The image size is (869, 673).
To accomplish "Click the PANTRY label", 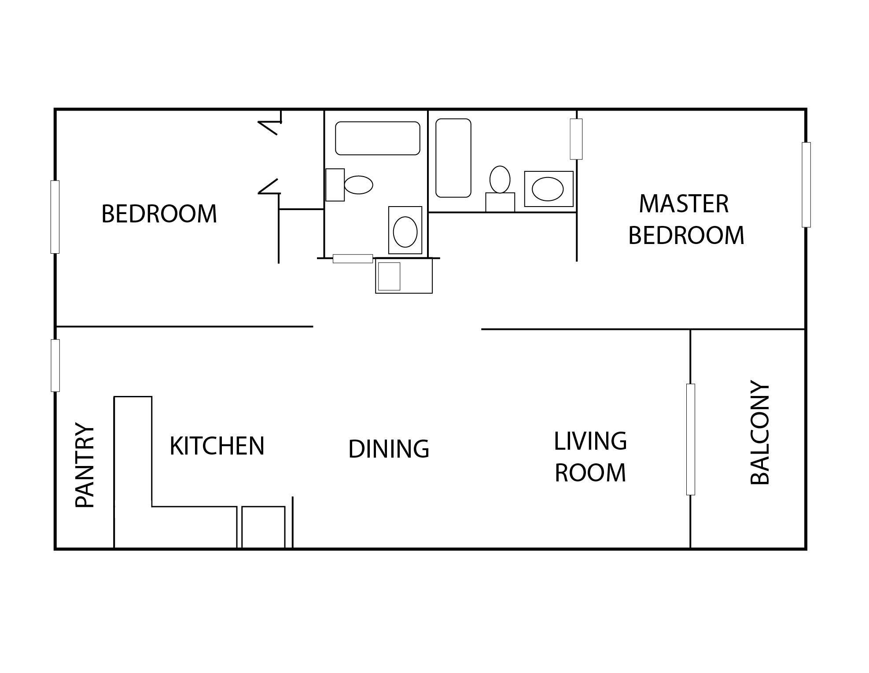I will [x=85, y=465].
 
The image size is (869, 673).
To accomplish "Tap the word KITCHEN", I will [x=217, y=446].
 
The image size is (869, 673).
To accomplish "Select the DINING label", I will [x=388, y=449].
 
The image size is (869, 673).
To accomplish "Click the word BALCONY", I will [x=759, y=433].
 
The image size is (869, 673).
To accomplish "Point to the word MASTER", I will [x=684, y=204].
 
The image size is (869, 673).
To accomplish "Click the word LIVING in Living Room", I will [x=590, y=441].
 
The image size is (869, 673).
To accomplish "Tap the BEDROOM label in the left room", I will [x=159, y=214].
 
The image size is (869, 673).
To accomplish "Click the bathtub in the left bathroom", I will [x=377, y=138].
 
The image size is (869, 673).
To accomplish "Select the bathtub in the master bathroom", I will [x=453, y=158].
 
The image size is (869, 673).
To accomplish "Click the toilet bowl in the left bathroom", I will [x=358, y=185].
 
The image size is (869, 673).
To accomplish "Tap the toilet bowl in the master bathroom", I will [x=500, y=179].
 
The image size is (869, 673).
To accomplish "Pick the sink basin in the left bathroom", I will [x=405, y=232].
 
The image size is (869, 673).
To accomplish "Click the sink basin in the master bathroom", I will [x=548, y=189].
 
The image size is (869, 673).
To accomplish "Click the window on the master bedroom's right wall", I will [x=806, y=185].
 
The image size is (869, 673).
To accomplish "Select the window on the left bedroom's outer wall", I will [x=55, y=217].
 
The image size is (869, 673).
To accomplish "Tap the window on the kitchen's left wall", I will [x=55, y=365].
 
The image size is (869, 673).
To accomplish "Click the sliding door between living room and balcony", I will [x=690, y=439].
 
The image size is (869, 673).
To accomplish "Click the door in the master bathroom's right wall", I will [x=576, y=139].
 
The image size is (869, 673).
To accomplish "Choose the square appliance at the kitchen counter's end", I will [x=263, y=527].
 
